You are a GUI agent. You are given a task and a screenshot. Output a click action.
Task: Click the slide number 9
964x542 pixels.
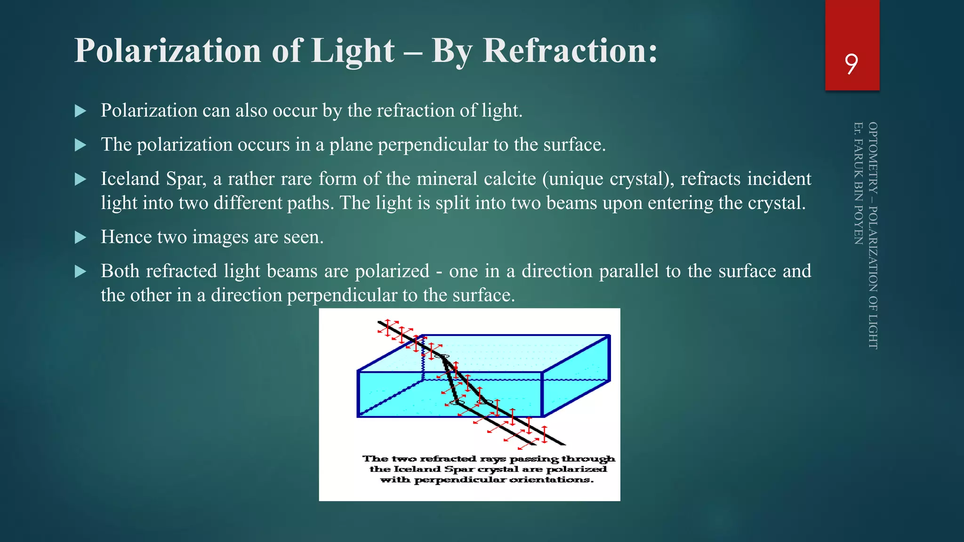[x=851, y=64]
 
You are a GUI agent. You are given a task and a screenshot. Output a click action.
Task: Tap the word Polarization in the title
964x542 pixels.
[x=168, y=51]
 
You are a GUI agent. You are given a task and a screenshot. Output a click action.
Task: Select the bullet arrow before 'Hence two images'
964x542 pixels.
[x=80, y=237]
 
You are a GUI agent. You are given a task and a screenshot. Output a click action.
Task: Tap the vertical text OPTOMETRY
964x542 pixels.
[x=873, y=158]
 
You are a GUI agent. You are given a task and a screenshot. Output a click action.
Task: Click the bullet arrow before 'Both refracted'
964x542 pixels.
[x=80, y=271]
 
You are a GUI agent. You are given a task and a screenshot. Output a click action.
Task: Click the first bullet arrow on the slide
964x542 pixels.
[x=80, y=111]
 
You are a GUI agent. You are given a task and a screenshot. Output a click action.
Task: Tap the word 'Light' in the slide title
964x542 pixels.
[x=353, y=51]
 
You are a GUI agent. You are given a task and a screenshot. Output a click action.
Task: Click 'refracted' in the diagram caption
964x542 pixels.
[x=448, y=459]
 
